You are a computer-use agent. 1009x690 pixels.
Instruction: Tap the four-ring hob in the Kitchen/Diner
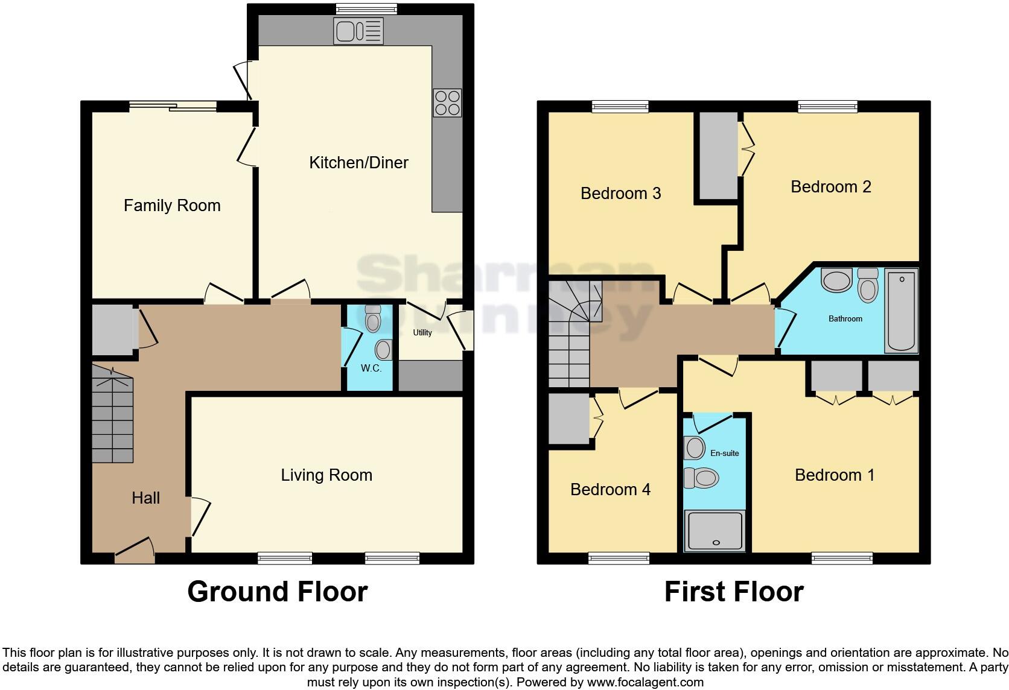447,103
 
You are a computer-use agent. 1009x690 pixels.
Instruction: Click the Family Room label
172,206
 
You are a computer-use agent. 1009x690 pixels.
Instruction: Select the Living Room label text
326,475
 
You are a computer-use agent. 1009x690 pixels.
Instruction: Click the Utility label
422,332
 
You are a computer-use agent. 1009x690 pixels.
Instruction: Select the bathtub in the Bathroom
901,311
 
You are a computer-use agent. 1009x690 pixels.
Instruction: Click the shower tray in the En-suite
715,531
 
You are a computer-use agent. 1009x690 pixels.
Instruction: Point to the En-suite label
724,453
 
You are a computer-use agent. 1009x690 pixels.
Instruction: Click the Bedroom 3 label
620,194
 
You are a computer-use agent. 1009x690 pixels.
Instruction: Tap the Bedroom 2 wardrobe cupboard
718,156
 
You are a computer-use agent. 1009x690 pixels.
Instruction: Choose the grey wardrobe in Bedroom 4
568,419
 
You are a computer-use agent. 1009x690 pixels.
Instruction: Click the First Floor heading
734,592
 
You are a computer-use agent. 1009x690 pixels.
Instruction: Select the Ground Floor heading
278,592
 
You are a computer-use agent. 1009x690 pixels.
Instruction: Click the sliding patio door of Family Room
173,107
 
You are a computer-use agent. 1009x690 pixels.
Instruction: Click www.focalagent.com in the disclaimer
645,682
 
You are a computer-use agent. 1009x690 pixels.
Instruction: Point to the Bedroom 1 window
842,558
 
